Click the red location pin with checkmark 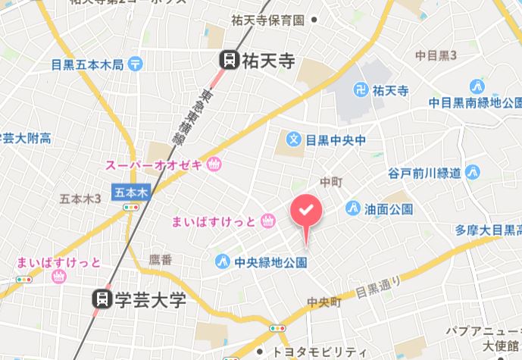click(306, 211)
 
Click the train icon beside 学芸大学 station click(100, 299)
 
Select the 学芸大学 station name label click(150, 299)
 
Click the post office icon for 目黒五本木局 click(136, 64)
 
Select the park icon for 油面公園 click(352, 208)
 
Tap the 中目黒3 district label click(436, 55)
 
